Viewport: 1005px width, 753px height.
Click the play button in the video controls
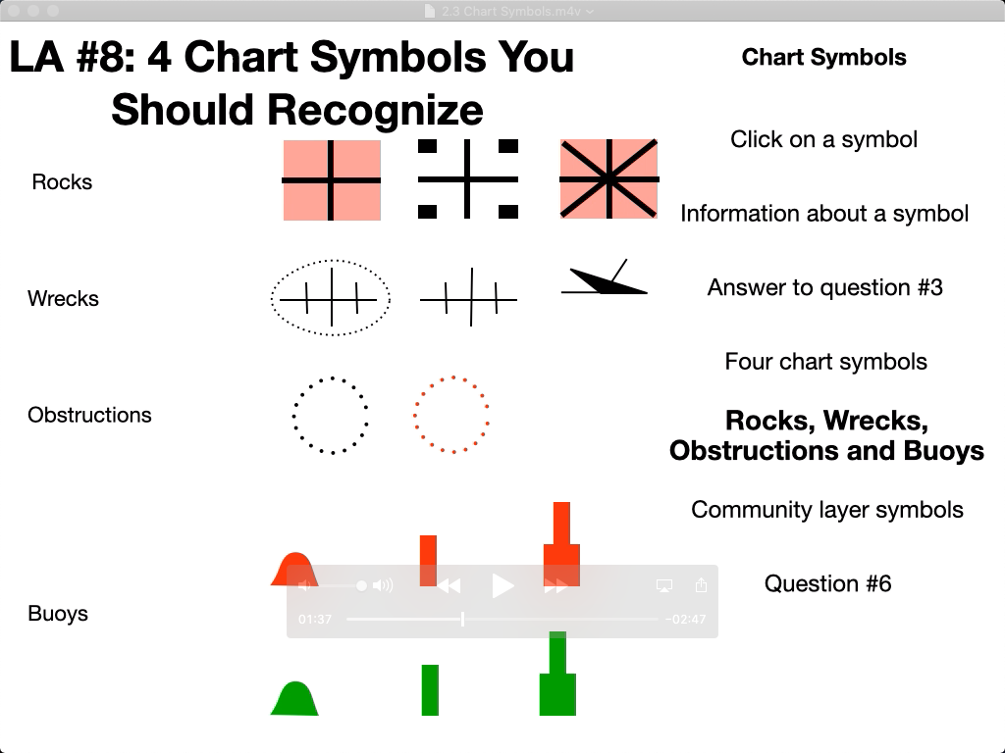(x=502, y=586)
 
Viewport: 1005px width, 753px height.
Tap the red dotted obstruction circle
(x=451, y=414)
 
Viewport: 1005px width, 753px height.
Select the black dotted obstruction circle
(x=331, y=415)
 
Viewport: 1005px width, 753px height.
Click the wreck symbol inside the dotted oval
(x=331, y=298)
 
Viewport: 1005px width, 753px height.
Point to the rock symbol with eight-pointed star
(x=608, y=179)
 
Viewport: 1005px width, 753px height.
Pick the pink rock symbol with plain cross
(x=332, y=179)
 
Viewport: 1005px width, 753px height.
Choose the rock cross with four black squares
(x=468, y=179)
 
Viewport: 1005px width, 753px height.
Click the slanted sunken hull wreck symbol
(x=603, y=281)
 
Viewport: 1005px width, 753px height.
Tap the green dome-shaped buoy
(x=294, y=698)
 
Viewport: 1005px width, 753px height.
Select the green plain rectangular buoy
(x=430, y=690)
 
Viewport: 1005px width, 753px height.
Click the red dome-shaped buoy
(x=293, y=569)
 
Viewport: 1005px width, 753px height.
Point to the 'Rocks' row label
(x=62, y=182)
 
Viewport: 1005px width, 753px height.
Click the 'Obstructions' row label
(x=89, y=415)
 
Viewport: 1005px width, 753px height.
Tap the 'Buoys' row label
(x=58, y=614)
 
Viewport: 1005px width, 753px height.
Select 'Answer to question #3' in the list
(x=824, y=287)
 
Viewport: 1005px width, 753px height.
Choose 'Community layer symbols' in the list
(x=826, y=510)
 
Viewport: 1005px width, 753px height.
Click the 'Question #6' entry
(x=827, y=583)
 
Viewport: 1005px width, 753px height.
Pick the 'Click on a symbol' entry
(x=823, y=139)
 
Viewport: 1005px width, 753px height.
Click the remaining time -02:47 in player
(x=685, y=620)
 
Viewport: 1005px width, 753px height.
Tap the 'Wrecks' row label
(x=63, y=299)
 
